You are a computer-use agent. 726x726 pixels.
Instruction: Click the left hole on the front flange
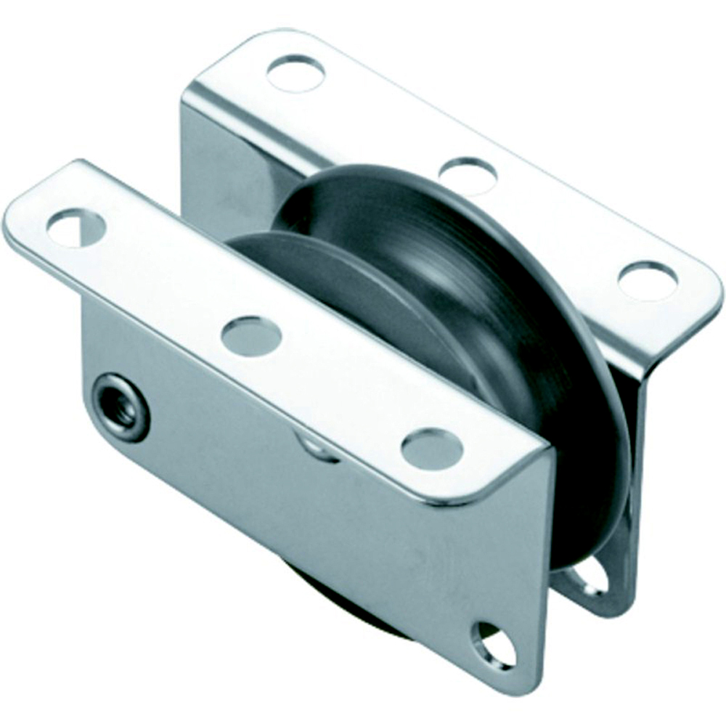pos(76,227)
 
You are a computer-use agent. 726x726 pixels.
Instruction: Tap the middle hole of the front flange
pos(251,336)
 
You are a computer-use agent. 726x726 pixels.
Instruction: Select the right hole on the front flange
pos(432,449)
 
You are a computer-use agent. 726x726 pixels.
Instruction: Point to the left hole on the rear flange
pos(295,72)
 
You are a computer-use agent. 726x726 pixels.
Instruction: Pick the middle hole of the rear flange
pos(468,175)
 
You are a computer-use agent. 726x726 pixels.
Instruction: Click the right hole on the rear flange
pos(647,280)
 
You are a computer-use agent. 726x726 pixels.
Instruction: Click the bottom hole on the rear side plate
pos(590,576)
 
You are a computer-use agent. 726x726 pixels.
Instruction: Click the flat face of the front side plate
pos(327,523)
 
